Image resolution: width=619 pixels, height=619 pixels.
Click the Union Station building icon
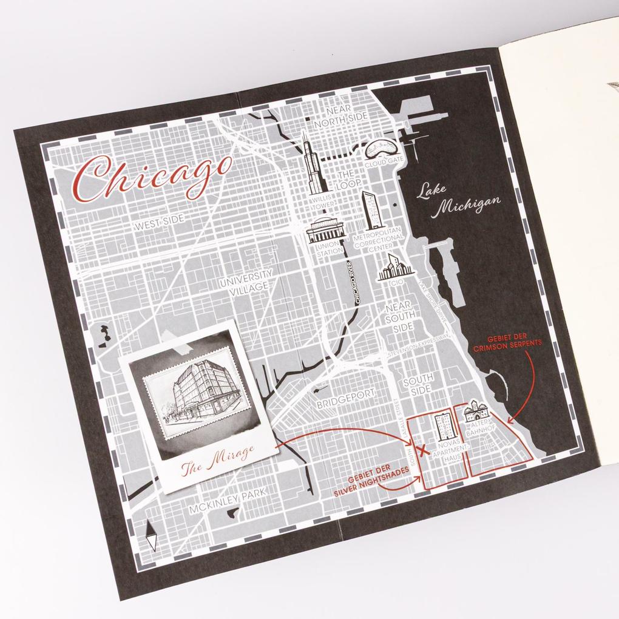[x=325, y=230]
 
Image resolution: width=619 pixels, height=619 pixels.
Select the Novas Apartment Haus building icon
[x=445, y=426]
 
